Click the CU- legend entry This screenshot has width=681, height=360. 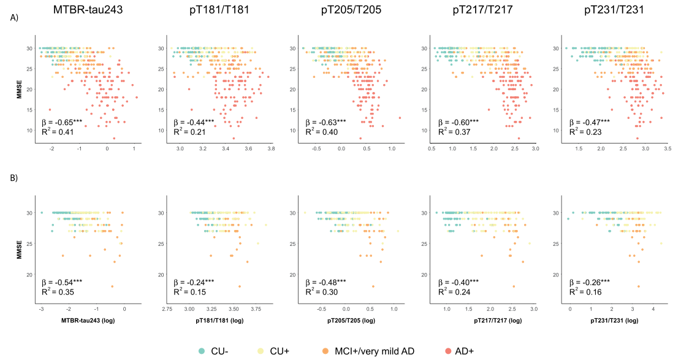click(x=217, y=350)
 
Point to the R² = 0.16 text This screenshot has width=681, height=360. click(x=582, y=292)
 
